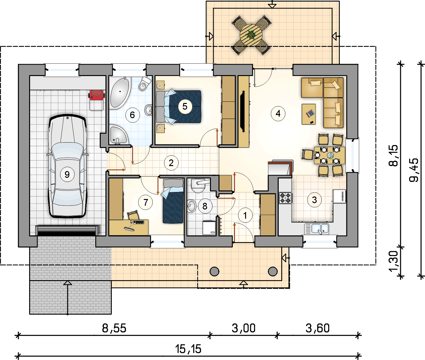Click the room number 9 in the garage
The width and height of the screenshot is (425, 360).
[67, 174]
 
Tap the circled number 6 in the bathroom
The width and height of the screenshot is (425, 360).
[132, 115]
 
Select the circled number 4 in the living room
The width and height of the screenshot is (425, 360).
[278, 113]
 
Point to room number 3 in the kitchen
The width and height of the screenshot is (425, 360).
[314, 200]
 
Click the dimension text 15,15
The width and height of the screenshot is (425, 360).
[188, 349]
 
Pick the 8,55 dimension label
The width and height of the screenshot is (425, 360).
[114, 328]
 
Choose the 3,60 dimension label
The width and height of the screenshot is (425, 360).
[317, 328]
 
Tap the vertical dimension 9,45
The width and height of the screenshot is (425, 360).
[414, 170]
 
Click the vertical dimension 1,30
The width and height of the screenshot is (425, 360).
[393, 261]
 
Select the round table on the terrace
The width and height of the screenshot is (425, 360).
[251, 35]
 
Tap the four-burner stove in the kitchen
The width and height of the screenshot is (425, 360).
[285, 198]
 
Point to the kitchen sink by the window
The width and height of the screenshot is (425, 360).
[317, 229]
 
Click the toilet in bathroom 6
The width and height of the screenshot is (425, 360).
[144, 84]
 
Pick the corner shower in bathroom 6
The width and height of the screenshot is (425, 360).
[118, 134]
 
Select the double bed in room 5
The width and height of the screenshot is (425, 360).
[179, 107]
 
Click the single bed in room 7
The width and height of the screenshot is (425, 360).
[173, 201]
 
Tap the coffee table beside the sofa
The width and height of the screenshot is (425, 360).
[309, 114]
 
